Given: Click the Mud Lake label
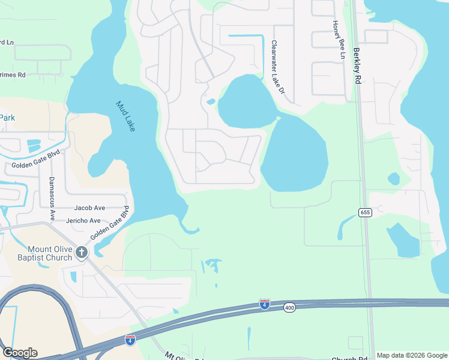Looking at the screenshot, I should [126, 117].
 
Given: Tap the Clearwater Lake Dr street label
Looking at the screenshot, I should [277, 68].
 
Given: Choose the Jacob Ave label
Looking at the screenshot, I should [89, 208].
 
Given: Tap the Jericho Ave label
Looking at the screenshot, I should [87, 221].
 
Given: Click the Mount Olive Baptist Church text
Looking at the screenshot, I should [50, 253].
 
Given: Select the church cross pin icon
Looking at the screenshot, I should [82, 253].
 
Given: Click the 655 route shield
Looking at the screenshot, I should [365, 212].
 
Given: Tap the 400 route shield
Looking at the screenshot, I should [290, 308].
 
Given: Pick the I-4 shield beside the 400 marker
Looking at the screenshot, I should [264, 304].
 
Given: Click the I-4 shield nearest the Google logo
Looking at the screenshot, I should [130, 340].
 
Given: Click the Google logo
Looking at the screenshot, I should [20, 353].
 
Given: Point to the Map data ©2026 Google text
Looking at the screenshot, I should [411, 355].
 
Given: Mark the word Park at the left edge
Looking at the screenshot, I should [7, 118].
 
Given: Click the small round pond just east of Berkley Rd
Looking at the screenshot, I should [394, 179].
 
